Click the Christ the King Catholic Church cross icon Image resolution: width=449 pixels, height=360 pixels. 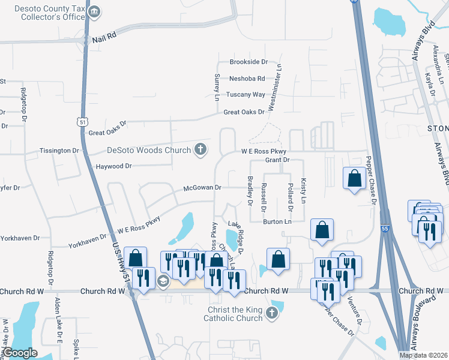[272, 312]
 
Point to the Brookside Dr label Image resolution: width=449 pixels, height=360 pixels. [248, 62]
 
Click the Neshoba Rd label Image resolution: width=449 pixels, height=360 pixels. [247, 79]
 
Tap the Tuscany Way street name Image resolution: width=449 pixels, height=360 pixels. [246, 95]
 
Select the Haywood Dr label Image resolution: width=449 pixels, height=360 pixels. [113, 166]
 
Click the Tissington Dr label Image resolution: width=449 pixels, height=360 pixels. [59, 151]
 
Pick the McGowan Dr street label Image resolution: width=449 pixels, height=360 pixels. [202, 188]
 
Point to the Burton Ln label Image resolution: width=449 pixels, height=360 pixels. [277, 222]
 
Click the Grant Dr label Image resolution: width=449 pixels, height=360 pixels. [277, 160]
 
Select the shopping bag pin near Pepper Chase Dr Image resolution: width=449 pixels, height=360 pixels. [354, 178]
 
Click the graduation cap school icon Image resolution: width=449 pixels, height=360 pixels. [162, 281]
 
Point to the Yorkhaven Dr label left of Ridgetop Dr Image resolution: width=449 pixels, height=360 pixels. [19, 238]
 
